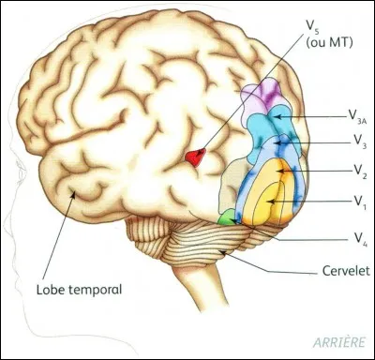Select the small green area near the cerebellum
(x=225, y=217)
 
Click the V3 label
(x=359, y=142)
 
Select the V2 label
(x=359, y=171)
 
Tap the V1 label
(x=359, y=200)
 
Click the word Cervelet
(x=335, y=273)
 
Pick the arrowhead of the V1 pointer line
(x=271, y=200)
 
